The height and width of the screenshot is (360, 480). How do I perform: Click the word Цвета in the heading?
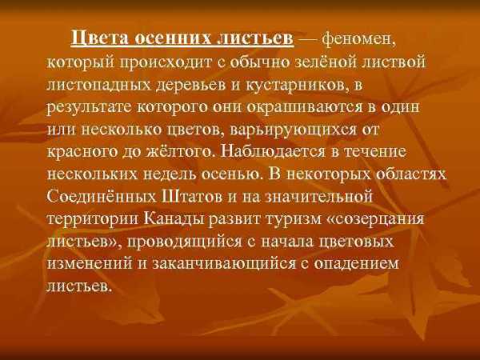pyautogui.click(x=99, y=39)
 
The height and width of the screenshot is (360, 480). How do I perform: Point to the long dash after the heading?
pyautogui.click(x=308, y=40)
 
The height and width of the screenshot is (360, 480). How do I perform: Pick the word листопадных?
pyautogui.click(x=99, y=85)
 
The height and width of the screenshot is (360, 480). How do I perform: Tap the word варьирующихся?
pyautogui.click(x=293, y=130)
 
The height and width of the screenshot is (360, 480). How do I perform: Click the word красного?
pyautogui.click(x=82, y=152)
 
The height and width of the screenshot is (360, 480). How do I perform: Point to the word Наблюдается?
pyautogui.click(x=273, y=151)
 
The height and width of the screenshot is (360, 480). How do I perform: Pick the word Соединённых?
pyautogui.click(x=102, y=196)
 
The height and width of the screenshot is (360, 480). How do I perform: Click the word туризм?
pyautogui.click(x=292, y=219)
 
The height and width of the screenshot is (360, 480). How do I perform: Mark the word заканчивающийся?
pyautogui.click(x=223, y=264)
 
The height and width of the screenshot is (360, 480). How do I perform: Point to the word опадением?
pyautogui.click(x=357, y=264)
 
